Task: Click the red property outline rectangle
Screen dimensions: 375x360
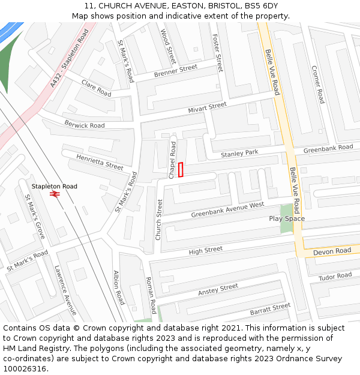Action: click(x=181, y=170)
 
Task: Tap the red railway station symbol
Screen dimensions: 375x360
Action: click(x=55, y=194)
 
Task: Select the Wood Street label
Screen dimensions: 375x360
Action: click(x=169, y=46)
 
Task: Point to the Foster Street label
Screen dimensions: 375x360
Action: click(x=218, y=52)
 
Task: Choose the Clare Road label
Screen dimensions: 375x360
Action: click(x=96, y=88)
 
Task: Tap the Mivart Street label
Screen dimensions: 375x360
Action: click(x=207, y=107)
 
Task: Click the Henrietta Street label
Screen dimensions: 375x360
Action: click(x=100, y=162)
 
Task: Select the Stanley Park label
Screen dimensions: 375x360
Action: click(x=239, y=154)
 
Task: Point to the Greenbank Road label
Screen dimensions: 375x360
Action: click(x=328, y=148)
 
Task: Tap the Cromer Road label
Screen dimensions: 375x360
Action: click(x=317, y=84)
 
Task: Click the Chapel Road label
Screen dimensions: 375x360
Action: click(x=172, y=160)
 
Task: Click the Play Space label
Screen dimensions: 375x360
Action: click(x=286, y=218)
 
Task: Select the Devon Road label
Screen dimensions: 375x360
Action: click(x=332, y=251)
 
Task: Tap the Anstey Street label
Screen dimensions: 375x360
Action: click(x=218, y=290)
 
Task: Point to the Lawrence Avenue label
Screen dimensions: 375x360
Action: click(x=65, y=290)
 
